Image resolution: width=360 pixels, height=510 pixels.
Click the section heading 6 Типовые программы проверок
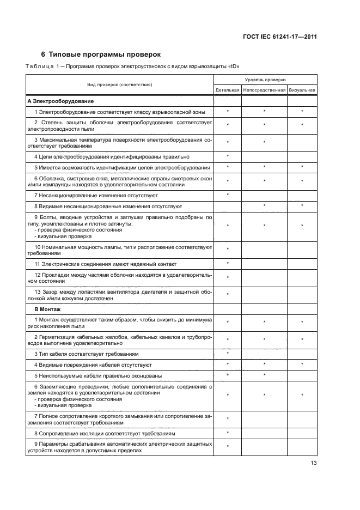(101, 54)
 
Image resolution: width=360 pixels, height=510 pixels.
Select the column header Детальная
(227, 90)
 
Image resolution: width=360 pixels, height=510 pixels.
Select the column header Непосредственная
(264, 90)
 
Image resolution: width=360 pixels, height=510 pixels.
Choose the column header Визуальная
(302, 90)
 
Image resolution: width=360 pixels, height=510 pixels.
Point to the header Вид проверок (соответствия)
(119, 85)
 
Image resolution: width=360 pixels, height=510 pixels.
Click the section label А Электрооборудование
(60, 101)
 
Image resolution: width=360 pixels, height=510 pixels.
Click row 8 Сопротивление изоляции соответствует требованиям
(109, 434)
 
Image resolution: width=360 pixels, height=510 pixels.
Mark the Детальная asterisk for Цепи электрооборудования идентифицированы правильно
(227, 156)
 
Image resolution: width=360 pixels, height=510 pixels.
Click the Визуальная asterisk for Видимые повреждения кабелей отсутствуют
(302, 364)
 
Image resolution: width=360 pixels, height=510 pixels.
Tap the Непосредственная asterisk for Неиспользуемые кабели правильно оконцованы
(264, 375)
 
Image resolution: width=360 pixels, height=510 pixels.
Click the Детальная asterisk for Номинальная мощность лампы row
(227, 250)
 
